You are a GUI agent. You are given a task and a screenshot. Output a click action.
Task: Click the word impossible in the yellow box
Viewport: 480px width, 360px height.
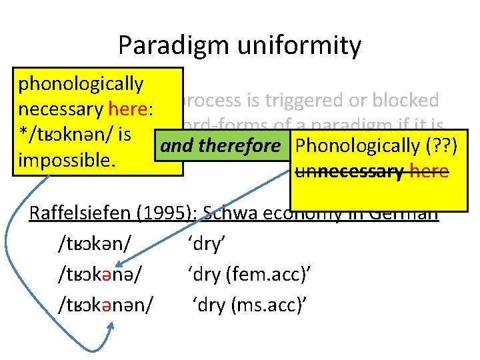(x=58, y=161)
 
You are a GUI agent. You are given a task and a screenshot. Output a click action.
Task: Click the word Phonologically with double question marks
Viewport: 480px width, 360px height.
(x=355, y=145)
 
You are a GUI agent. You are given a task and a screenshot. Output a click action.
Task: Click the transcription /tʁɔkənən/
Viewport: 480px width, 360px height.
(x=106, y=305)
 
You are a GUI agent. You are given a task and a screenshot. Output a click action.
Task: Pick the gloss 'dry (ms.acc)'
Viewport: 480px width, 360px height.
(x=249, y=305)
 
